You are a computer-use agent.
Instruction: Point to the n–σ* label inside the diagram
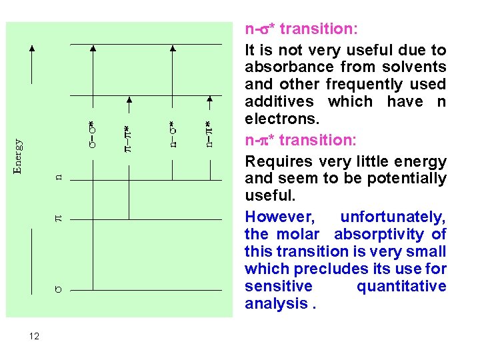coord(172,134)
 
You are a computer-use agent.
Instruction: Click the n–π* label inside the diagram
coord(209,134)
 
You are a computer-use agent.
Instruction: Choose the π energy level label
coord(58,217)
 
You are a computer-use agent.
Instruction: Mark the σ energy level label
coord(58,289)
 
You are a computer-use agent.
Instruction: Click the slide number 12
coord(35,337)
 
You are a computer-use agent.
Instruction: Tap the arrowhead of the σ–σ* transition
coord(93,49)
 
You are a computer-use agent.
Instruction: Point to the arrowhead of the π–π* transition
coord(129,101)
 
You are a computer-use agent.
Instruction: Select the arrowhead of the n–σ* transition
coord(173,49)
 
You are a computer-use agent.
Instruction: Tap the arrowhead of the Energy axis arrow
coord(32,49)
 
